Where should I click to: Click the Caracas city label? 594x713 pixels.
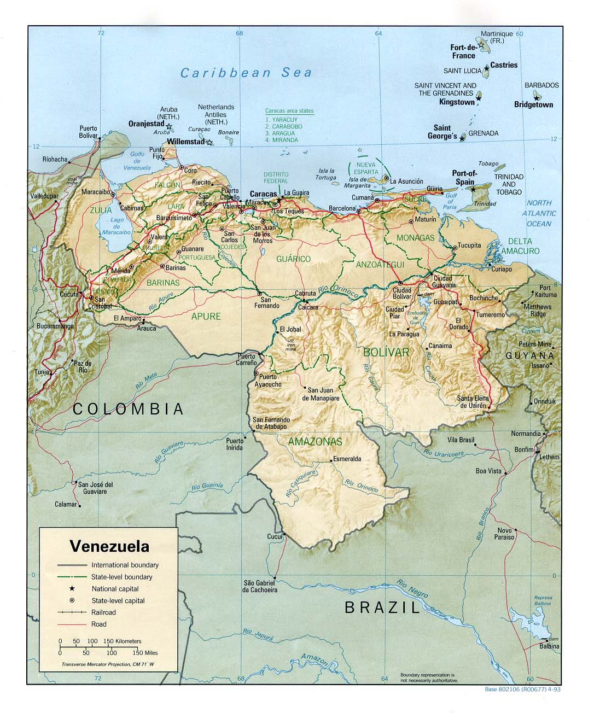click(263, 194)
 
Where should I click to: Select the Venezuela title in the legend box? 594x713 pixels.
click(109, 546)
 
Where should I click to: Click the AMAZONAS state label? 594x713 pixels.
click(315, 441)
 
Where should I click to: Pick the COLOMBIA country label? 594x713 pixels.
click(128, 408)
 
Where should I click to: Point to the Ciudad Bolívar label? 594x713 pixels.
click(402, 293)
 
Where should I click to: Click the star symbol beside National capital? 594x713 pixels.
click(72, 589)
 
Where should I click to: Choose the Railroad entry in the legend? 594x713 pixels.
click(103, 612)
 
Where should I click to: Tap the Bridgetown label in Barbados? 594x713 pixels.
click(533, 104)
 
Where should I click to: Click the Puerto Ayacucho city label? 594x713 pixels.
click(270, 381)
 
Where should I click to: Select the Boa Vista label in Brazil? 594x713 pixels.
click(488, 470)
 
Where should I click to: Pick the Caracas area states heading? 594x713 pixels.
click(289, 111)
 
